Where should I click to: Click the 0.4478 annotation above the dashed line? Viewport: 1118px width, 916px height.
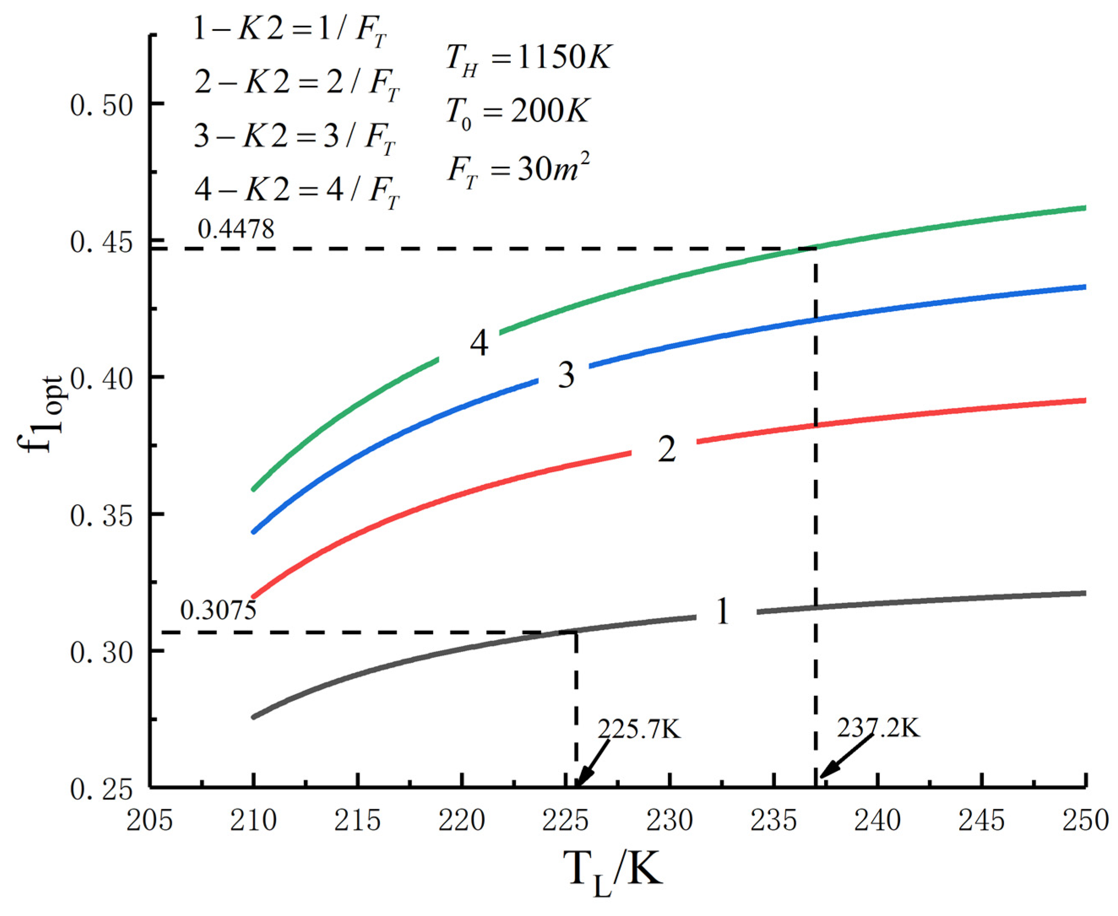point(236,230)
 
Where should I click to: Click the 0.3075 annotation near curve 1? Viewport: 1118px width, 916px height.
point(218,611)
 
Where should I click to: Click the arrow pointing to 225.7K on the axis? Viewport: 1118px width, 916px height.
point(593,763)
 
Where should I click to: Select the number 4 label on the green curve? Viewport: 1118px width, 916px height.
point(479,345)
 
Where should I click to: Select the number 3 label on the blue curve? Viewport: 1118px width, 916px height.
point(566,376)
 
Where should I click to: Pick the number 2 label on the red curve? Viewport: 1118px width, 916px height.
point(666,449)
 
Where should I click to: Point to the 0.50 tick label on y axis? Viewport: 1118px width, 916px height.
point(100,106)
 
